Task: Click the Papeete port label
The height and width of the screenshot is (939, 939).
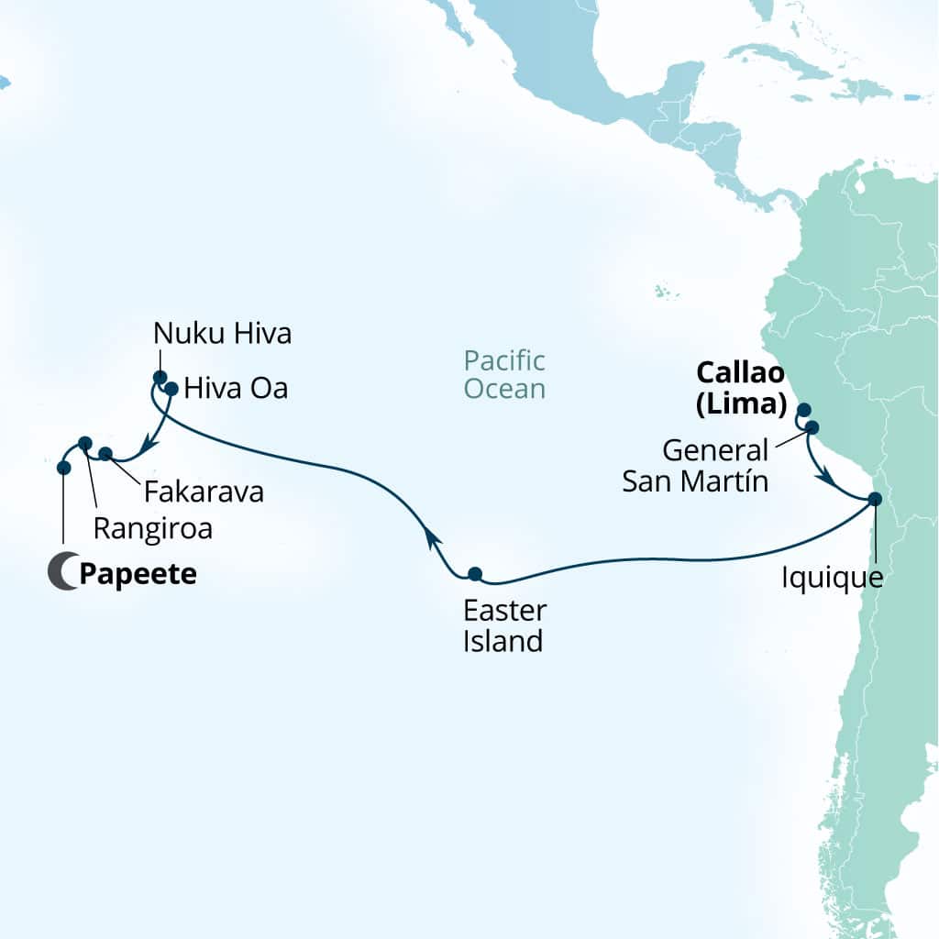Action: click(138, 576)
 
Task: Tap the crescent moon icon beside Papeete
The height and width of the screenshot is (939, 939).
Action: click(62, 574)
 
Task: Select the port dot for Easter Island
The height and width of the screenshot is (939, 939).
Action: click(474, 574)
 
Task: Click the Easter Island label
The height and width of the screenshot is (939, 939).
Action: click(503, 625)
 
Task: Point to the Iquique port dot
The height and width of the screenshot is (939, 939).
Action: click(874, 499)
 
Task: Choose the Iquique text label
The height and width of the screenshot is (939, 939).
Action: click(832, 579)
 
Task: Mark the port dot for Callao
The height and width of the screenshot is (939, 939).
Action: click(804, 409)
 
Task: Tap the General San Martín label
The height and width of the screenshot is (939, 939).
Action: click(695, 466)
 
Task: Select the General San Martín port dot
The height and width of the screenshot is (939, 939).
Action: click(812, 426)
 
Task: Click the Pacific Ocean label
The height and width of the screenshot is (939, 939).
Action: click(504, 374)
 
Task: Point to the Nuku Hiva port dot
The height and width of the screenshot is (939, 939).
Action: click(160, 377)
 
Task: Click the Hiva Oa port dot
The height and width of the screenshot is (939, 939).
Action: click(171, 388)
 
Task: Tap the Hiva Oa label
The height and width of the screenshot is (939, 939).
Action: click(236, 389)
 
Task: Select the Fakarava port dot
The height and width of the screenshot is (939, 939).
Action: click(105, 453)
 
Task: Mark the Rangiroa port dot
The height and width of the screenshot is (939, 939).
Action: click(85, 443)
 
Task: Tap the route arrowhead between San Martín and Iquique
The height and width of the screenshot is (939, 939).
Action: click(827, 478)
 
